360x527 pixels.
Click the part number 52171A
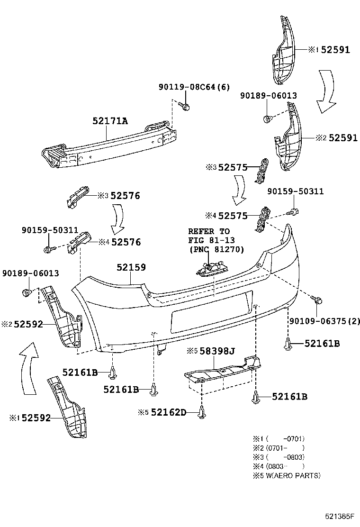point(110,121)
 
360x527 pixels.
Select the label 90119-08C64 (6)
point(194,87)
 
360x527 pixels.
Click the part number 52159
point(131,268)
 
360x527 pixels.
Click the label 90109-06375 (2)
point(324,321)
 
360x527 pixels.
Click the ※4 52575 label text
point(232,216)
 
